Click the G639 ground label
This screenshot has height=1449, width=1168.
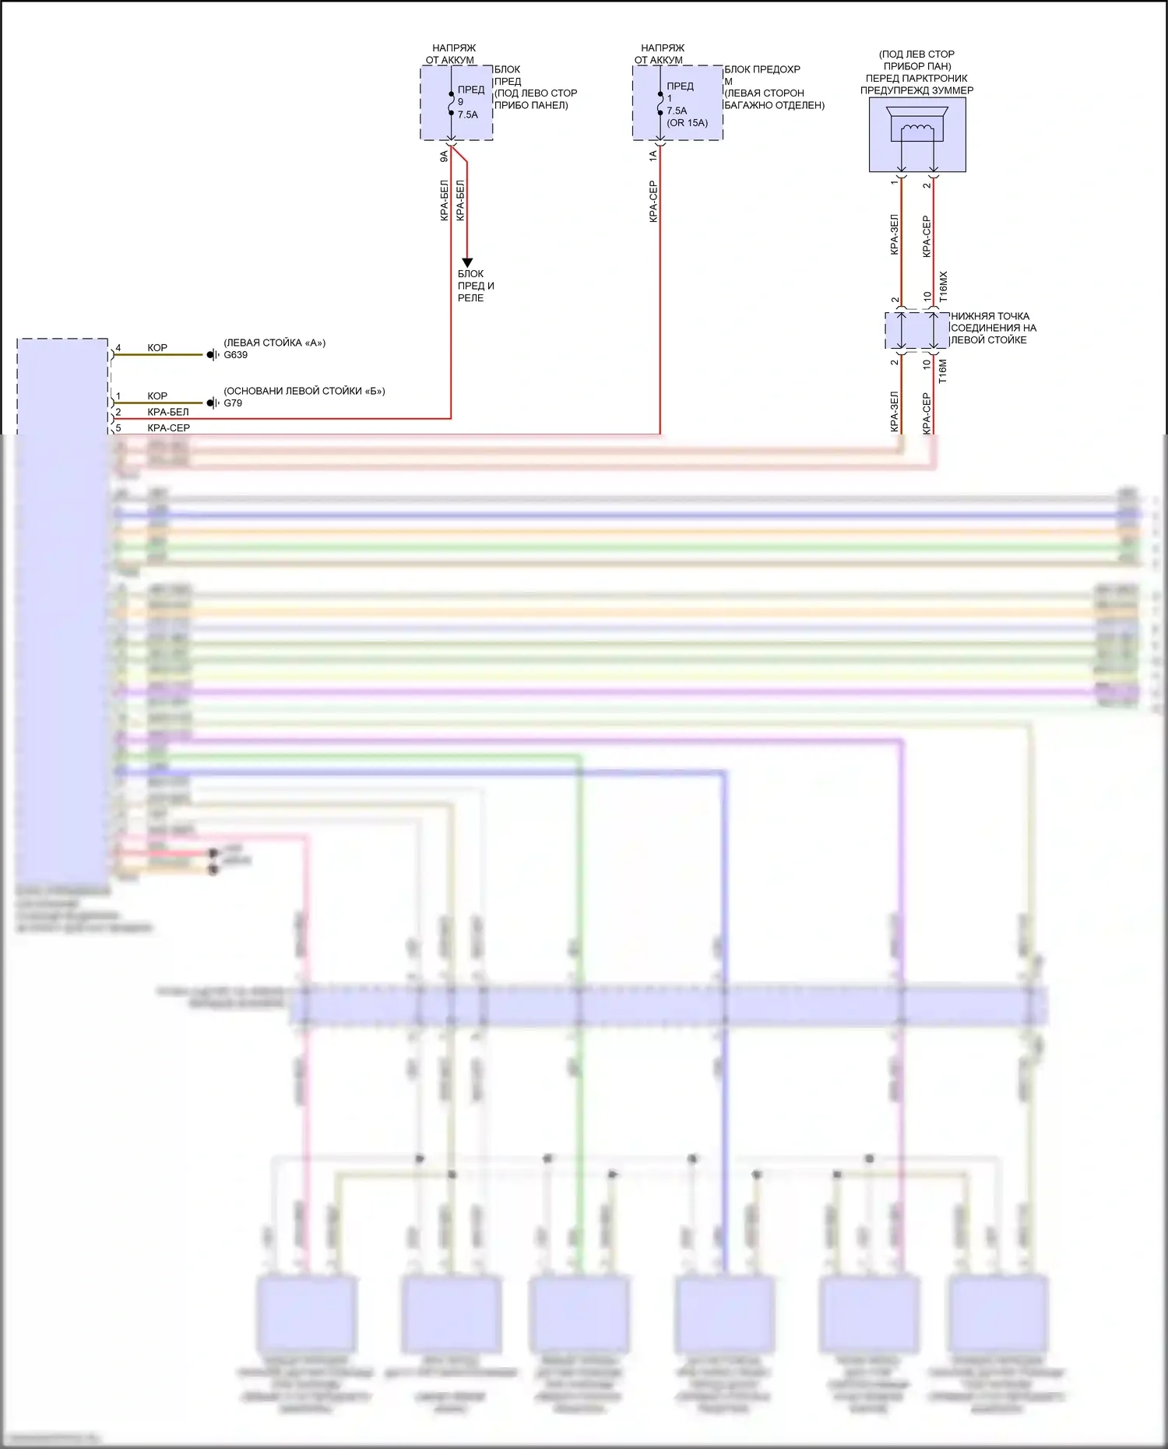point(235,355)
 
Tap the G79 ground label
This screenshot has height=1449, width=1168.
point(233,403)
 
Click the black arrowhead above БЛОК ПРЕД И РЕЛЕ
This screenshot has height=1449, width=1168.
point(467,262)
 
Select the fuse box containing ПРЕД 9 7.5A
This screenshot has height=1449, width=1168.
point(457,103)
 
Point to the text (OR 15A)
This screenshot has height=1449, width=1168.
point(688,123)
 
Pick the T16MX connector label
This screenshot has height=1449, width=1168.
point(944,287)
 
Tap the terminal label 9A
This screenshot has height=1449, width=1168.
point(444,156)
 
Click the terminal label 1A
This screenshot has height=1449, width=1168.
point(653,156)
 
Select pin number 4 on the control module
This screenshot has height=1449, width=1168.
point(118,348)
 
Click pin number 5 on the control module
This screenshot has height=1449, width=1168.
point(118,428)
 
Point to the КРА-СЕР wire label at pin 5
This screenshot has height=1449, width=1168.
point(168,428)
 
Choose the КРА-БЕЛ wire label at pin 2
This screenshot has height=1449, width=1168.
point(168,412)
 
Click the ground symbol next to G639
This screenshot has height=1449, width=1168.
point(212,355)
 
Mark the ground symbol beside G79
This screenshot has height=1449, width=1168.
point(212,403)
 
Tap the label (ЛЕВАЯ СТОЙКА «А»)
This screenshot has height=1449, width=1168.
point(274,343)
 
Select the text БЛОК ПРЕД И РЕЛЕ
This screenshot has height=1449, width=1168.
point(475,286)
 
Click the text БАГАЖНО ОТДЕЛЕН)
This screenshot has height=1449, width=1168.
point(774,105)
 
